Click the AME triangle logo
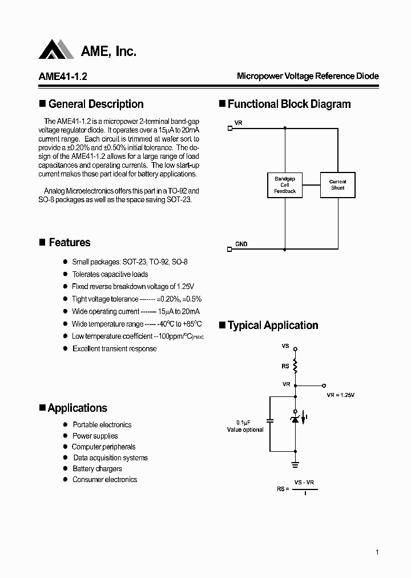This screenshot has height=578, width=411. click(57, 50)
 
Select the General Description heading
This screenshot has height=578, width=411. click(96, 104)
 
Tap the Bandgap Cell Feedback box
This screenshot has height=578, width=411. click(285, 184)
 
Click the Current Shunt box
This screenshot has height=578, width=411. click(337, 184)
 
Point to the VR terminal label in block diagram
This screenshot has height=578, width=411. click(239, 123)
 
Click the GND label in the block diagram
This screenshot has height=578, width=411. click(241, 244)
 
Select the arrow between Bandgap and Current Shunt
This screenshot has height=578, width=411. click(311, 184)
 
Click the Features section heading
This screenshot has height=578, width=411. click(69, 243)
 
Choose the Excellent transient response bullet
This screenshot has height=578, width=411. click(114, 348)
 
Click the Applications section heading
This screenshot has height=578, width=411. click(77, 408)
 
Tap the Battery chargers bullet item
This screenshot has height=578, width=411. click(97, 469)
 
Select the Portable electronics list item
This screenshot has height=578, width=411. click(102, 424)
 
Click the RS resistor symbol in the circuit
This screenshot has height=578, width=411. click(295, 365)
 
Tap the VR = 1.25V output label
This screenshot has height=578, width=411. click(341, 395)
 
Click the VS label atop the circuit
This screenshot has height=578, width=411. click(285, 346)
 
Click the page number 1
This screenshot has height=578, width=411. click(377, 552)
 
